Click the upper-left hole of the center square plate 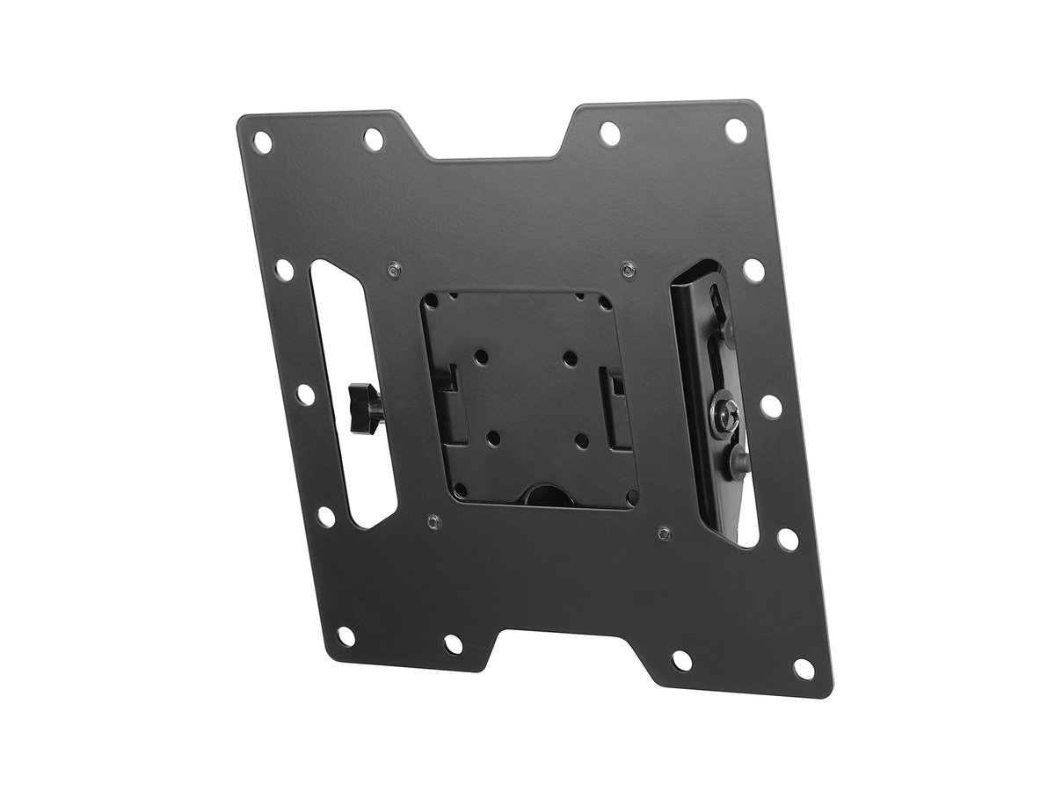point(480,357)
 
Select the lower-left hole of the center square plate point(493,437)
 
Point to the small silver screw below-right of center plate point(664,532)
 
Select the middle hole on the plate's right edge point(768,405)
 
